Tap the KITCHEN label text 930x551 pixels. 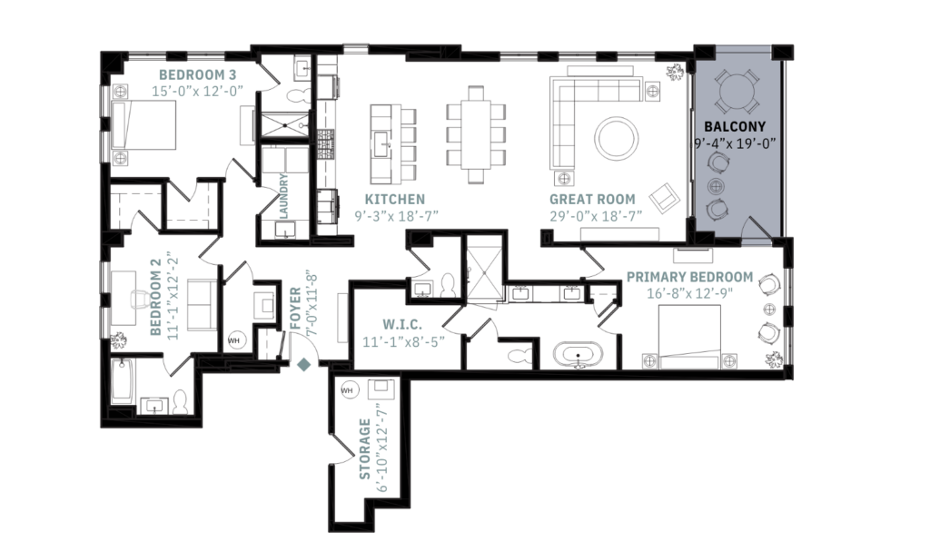pos(394,199)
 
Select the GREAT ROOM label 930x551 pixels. pos(592,199)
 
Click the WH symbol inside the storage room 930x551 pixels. pos(346,390)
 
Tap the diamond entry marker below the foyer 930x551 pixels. pos(305,365)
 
